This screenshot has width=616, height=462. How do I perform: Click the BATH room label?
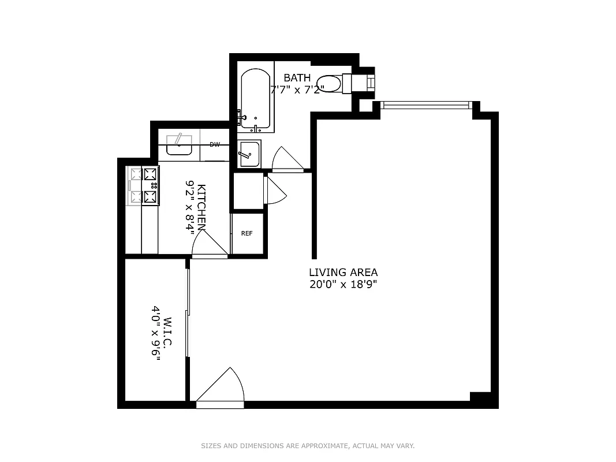pyautogui.click(x=297, y=78)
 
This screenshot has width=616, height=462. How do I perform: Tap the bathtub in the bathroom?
pyautogui.click(x=255, y=99)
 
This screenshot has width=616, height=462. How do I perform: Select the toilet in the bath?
pyautogui.click(x=332, y=83)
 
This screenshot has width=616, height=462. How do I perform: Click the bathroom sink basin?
pyautogui.click(x=249, y=154)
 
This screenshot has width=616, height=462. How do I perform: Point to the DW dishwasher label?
pyautogui.click(x=214, y=144)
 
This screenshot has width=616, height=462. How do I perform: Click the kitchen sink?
pyautogui.click(x=179, y=145)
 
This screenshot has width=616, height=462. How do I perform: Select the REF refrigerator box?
pyautogui.click(x=247, y=233)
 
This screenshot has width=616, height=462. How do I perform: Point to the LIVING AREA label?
pyautogui.click(x=343, y=273)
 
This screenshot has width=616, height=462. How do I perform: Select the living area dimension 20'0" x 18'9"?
pyautogui.click(x=343, y=284)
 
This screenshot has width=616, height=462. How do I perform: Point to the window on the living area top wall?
pyautogui.click(x=426, y=105)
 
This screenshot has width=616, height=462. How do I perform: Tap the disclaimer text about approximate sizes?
pyautogui.click(x=308, y=446)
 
